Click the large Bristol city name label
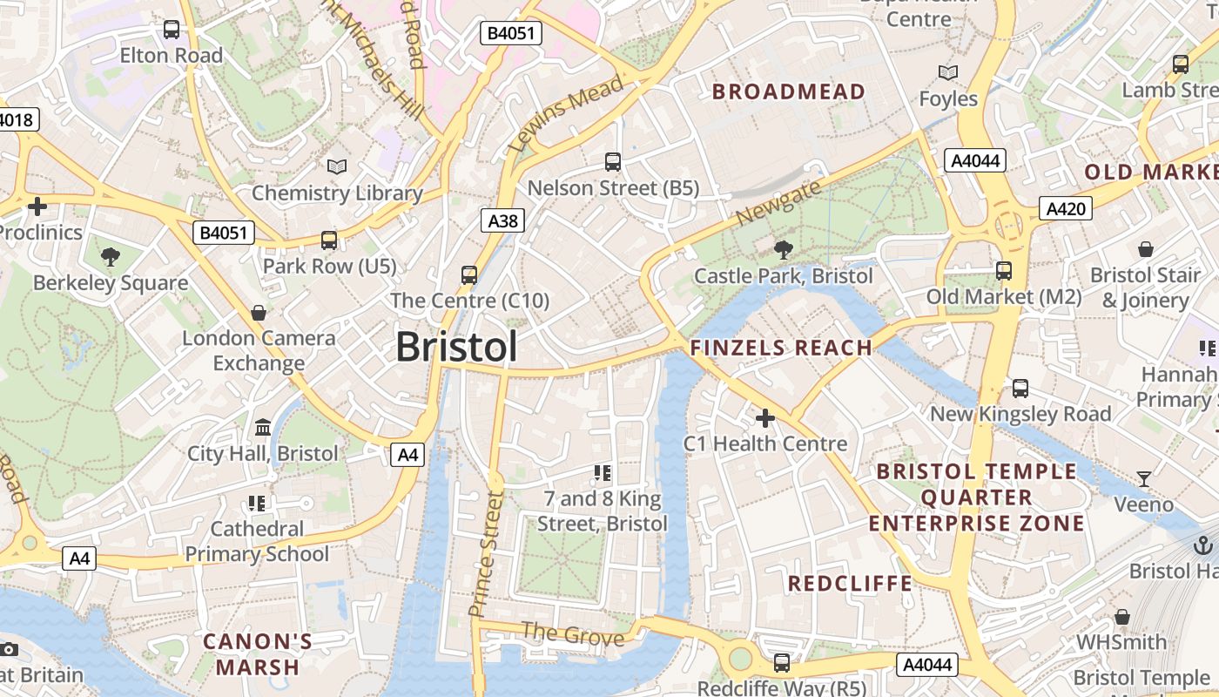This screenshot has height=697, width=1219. point(456,347)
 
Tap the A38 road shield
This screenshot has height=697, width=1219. point(502,221)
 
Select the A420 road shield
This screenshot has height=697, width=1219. point(1066,208)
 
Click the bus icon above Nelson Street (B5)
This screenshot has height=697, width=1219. point(613,161)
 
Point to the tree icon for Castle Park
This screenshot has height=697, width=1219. point(783,250)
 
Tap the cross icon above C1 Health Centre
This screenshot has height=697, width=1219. point(764,418)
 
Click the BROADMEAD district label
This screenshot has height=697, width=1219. point(789,91)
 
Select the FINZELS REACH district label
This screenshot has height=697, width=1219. point(781,348)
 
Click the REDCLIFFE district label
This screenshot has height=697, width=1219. point(850,584)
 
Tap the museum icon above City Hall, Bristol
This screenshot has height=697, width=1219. point(263,427)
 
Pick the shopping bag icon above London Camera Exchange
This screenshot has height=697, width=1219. point(259,312)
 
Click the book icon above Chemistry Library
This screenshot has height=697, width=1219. point(336,166)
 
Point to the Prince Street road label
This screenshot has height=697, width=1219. point(486,554)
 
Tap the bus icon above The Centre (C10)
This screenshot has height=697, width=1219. point(469,275)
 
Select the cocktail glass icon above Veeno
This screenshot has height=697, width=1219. point(1144,478)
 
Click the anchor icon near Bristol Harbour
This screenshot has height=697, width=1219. point(1202,545)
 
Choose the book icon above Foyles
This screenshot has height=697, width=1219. point(948,72)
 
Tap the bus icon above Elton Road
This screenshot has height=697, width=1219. point(172,30)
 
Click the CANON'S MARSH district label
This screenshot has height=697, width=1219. point(258,655)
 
